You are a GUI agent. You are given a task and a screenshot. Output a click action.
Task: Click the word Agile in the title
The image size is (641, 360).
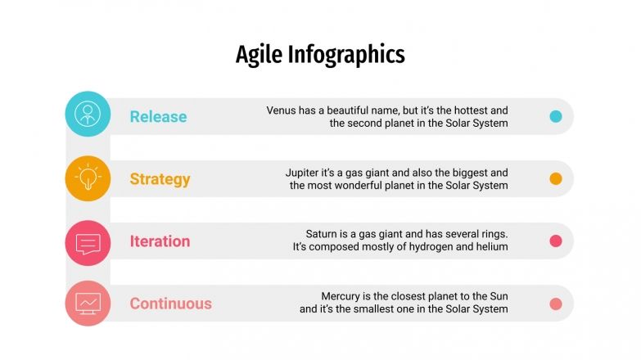[x=255, y=55]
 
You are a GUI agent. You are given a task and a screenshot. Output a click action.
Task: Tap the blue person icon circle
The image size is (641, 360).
[x=88, y=114]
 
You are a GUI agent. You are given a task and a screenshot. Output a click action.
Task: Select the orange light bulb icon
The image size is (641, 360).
[x=88, y=178]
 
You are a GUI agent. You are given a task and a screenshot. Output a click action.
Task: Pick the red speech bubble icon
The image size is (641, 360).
[x=88, y=242]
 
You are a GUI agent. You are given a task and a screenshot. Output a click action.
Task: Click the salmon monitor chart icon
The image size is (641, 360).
[x=88, y=303]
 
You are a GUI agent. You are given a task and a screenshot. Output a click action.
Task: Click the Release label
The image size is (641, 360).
[x=158, y=117]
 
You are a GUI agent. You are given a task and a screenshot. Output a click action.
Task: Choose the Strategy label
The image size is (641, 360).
[x=160, y=179]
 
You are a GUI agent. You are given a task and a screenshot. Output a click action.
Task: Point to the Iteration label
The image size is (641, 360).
[x=160, y=241]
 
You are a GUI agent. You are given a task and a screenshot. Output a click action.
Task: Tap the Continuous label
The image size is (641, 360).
[x=170, y=304]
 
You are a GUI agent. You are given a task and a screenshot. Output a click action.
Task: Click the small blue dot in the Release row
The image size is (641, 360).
[x=556, y=116]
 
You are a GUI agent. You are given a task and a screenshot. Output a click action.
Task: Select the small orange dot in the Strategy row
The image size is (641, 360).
[x=556, y=178]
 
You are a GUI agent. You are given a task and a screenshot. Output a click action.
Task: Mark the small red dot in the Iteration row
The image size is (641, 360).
[x=556, y=241]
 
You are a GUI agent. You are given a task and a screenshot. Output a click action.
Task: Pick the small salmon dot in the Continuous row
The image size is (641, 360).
[x=556, y=304]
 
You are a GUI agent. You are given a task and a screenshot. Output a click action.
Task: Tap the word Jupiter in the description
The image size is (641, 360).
[x=304, y=173]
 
